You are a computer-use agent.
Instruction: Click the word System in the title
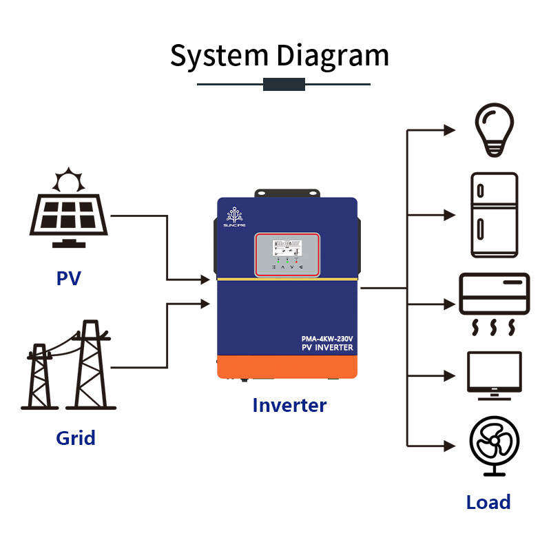(x=219, y=56)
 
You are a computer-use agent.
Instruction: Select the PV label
(x=69, y=279)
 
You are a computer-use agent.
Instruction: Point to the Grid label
(x=76, y=437)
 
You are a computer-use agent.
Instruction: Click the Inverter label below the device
(x=289, y=405)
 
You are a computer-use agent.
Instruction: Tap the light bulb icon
(x=495, y=129)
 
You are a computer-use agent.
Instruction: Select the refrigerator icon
(x=494, y=216)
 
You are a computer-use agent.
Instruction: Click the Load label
(x=488, y=502)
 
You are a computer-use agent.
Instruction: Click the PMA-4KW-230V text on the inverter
(x=327, y=338)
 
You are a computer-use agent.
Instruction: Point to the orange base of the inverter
(x=287, y=366)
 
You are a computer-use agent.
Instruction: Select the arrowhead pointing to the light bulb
(x=450, y=129)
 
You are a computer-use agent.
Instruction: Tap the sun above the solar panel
(x=69, y=181)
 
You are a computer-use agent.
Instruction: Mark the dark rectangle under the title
(x=284, y=84)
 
